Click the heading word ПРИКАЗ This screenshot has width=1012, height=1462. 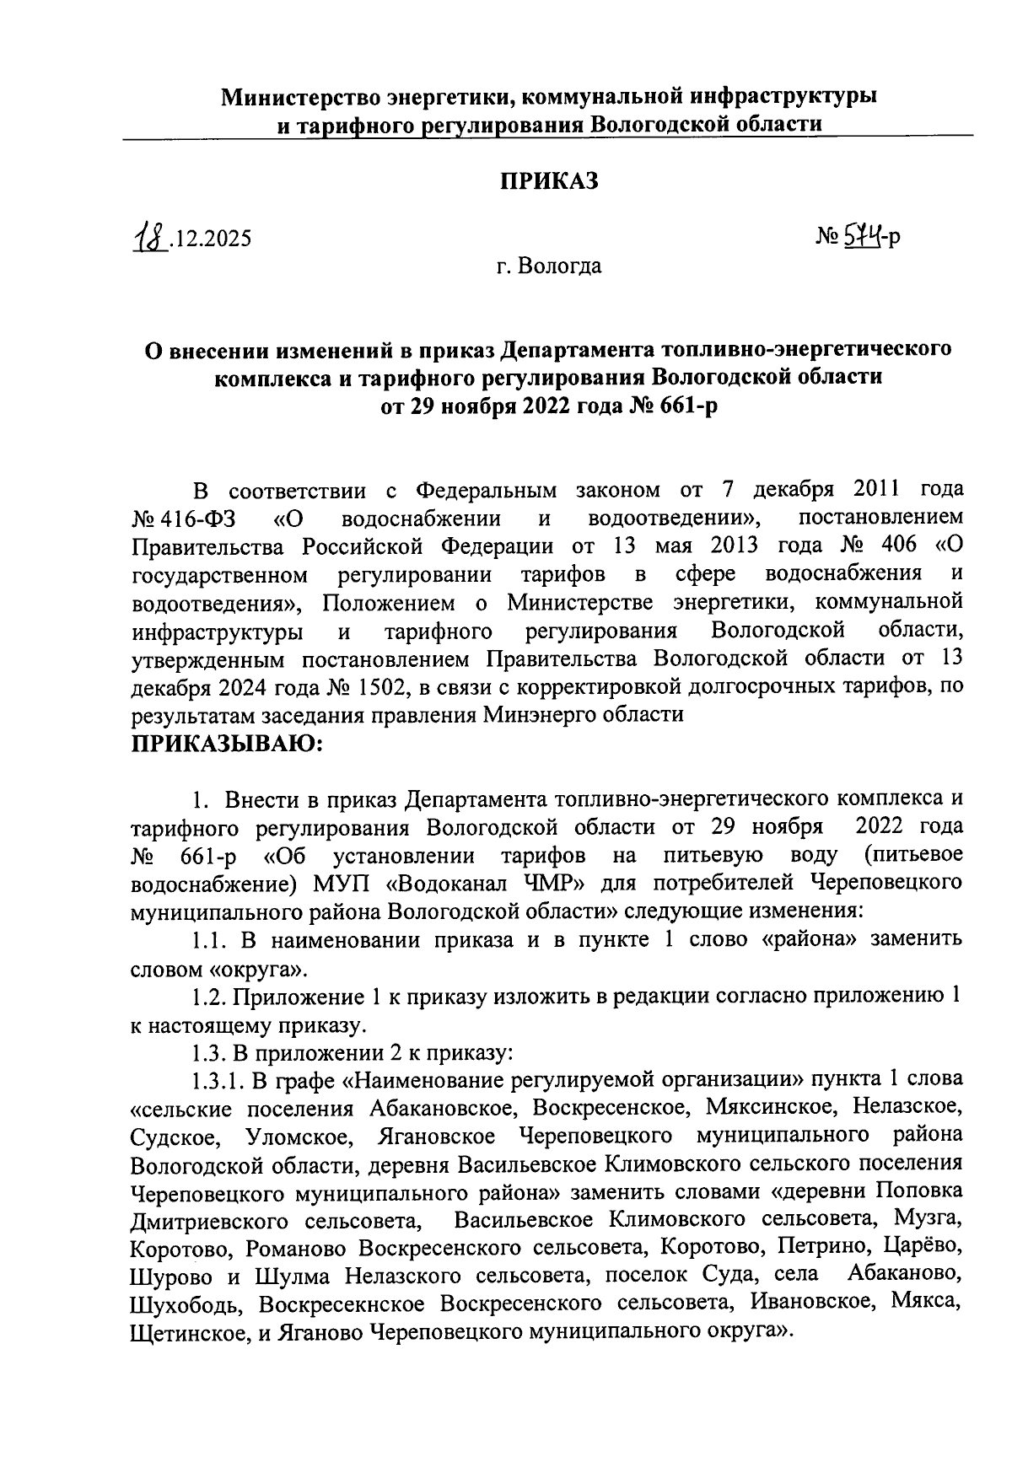point(549,181)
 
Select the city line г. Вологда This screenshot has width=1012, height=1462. point(548,267)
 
